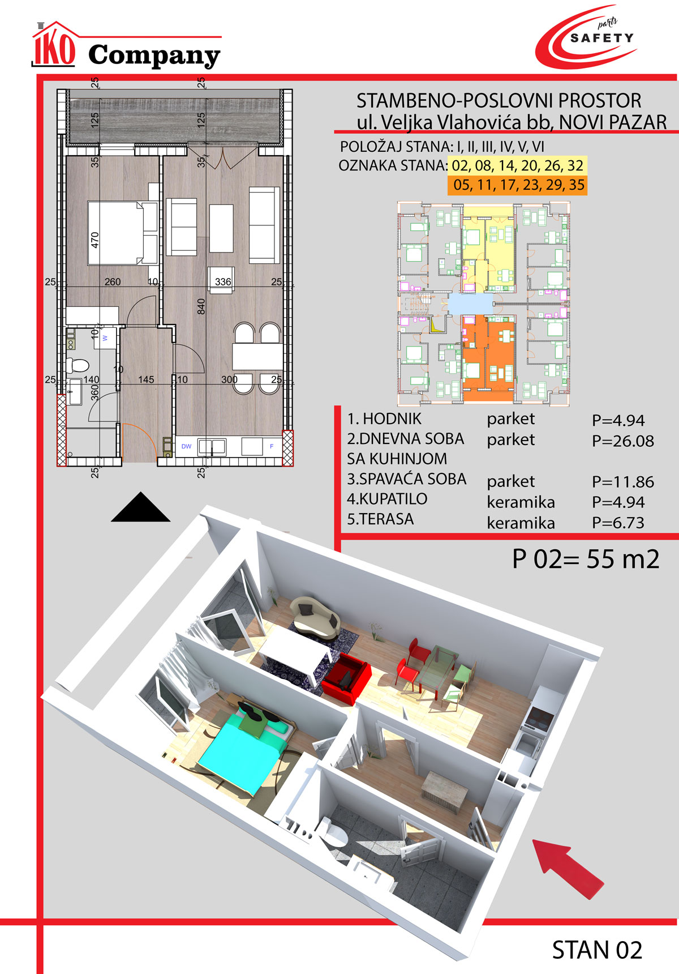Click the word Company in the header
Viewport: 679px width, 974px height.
[x=154, y=56]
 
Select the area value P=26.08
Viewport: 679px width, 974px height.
[x=623, y=441]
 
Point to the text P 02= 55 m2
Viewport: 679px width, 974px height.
[x=586, y=559]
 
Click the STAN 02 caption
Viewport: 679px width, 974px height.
[x=597, y=950]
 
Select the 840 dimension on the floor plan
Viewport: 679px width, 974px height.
[x=201, y=306]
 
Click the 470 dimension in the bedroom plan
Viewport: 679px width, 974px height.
[x=95, y=240]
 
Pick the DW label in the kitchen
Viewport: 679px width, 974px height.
[x=186, y=446]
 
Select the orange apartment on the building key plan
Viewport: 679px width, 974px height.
[x=488, y=358]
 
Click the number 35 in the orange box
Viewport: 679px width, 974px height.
[x=577, y=185]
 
